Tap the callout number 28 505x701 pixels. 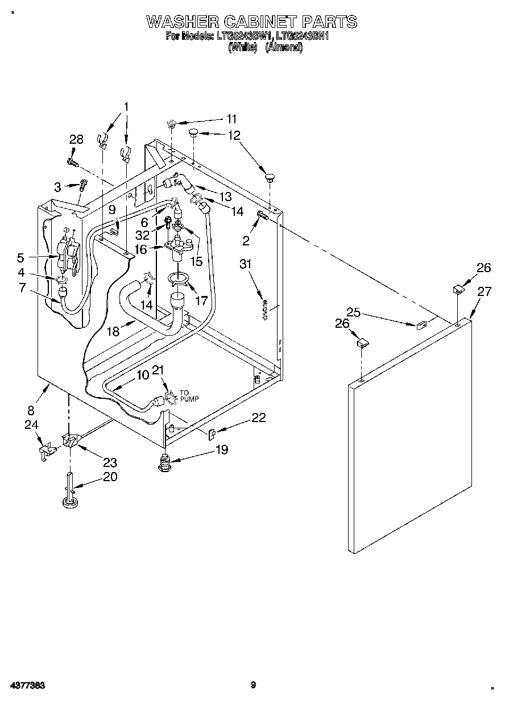tap(76, 140)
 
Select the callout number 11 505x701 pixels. tap(231, 119)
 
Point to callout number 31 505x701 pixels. tap(245, 264)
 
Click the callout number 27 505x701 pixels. tap(484, 292)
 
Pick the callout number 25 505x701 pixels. tap(354, 312)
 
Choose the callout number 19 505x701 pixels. tap(221, 449)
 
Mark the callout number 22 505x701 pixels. tap(258, 418)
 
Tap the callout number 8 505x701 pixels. tap(31, 410)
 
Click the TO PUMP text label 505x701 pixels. tap(189, 396)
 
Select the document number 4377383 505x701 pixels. tap(27, 686)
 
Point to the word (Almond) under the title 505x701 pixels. tap(284, 48)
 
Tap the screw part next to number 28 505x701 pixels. tap(72, 162)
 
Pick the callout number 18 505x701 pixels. tap(113, 332)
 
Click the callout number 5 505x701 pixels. tap(20, 257)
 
